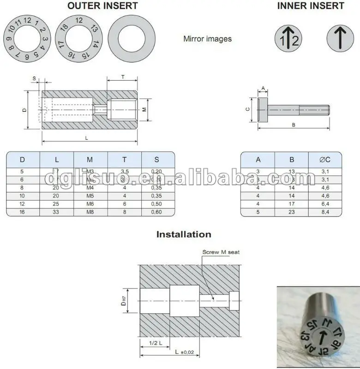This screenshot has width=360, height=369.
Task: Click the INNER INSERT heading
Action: click(311, 6)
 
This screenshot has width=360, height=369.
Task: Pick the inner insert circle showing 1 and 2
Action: click(289, 39)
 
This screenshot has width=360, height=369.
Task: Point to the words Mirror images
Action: click(207, 39)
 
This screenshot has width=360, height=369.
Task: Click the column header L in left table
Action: click(57, 160)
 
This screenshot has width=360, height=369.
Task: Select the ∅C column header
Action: click(325, 160)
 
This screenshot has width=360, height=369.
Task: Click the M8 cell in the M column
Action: click(90, 212)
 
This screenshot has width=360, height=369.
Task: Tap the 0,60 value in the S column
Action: click(157, 212)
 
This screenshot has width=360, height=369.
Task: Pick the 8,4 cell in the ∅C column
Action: click(325, 212)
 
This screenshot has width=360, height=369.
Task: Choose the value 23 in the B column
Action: click(292, 212)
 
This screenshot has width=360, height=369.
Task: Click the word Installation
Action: click(184, 234)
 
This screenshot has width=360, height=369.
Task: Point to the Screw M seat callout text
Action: click(221, 252)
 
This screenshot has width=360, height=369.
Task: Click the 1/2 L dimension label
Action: click(155, 343)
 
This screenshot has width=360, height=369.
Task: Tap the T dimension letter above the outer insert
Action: click(122, 77)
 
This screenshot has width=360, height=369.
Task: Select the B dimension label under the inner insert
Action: click(293, 125)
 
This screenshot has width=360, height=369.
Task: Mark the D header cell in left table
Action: click(23, 160)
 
